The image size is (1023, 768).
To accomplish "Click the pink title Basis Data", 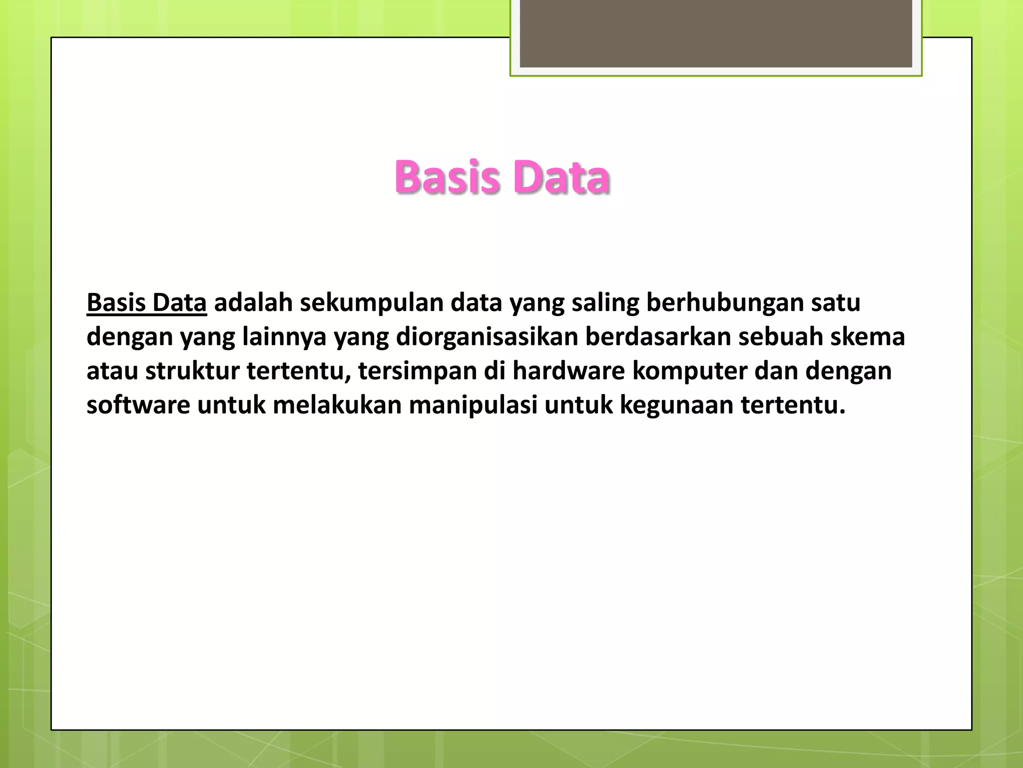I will point(502,177).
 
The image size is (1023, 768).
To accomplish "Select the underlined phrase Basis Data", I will point(146,303).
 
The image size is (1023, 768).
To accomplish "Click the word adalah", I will point(253,303).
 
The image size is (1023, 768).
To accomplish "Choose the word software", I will point(138,404).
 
